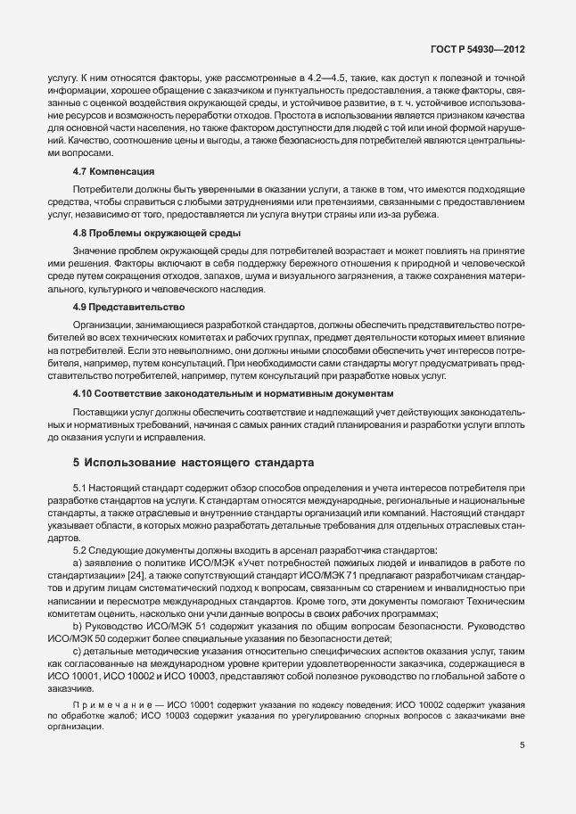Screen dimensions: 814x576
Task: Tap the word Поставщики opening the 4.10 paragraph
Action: pos(99,413)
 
